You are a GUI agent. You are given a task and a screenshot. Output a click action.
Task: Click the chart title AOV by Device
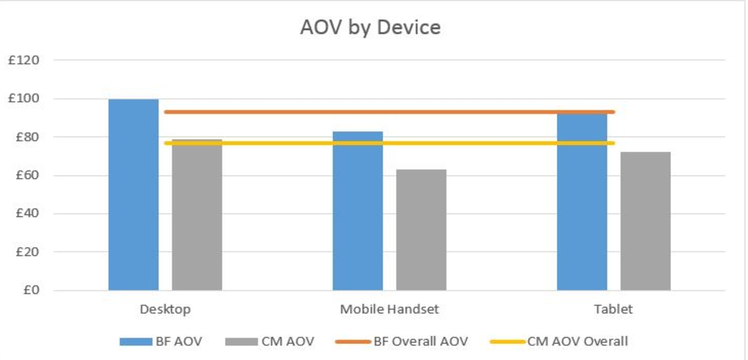coord(370,28)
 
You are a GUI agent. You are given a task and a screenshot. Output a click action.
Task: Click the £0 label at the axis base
coord(30,290)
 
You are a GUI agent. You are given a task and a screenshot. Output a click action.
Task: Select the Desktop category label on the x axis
coord(165,309)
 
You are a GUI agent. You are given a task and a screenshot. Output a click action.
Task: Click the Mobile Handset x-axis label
coord(389,309)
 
